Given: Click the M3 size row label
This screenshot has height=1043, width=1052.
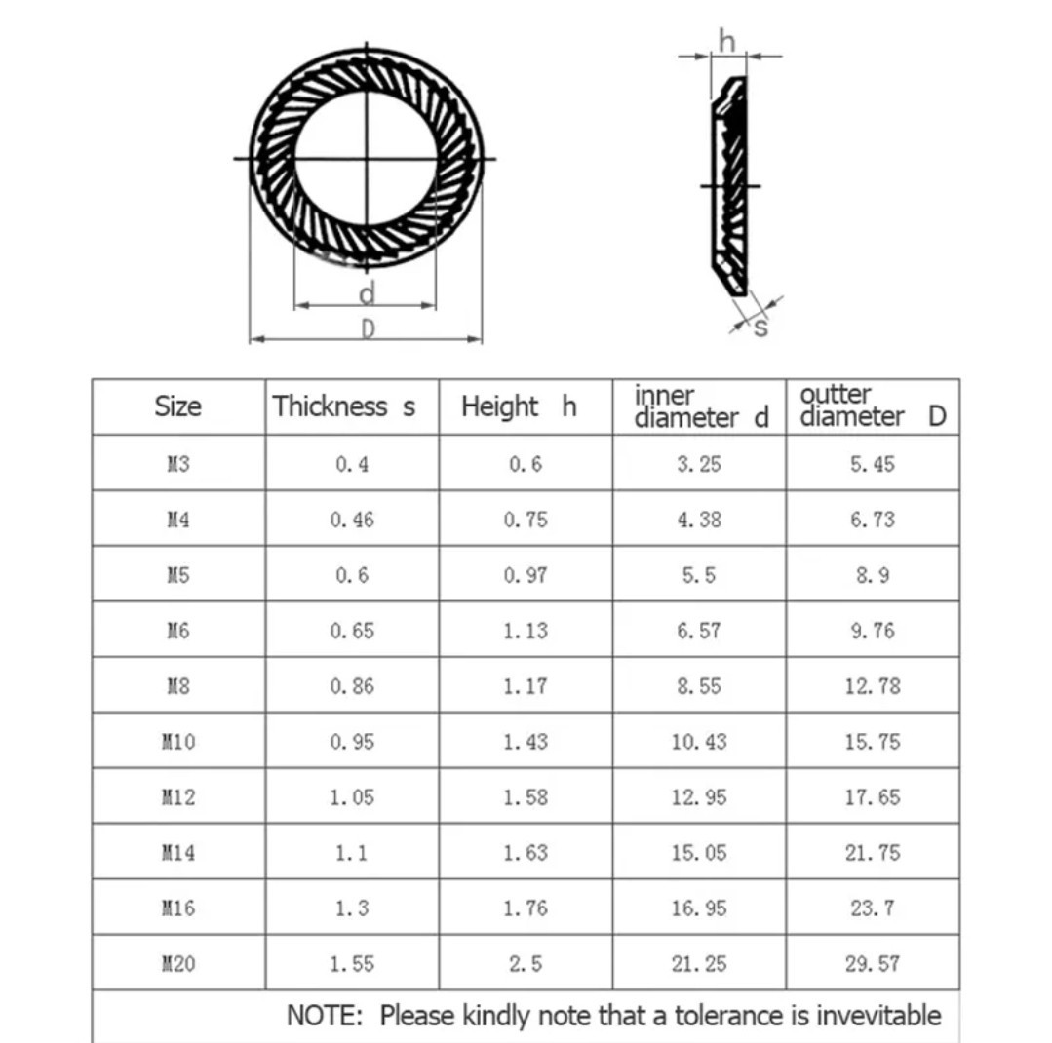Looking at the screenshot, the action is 177,464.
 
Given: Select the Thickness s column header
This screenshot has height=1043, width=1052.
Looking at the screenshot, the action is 343,406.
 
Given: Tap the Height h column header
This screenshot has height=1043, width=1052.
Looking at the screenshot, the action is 519,406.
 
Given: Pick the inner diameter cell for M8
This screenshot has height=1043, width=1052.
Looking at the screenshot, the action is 699,686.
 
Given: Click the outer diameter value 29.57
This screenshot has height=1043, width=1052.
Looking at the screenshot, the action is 872,964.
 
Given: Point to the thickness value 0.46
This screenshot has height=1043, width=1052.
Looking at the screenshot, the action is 352,520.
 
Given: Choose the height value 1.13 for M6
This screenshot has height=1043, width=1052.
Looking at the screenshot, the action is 526,631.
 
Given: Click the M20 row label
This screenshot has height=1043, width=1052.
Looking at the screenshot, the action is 177,964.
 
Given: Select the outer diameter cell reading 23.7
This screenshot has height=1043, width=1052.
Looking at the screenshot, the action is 872,908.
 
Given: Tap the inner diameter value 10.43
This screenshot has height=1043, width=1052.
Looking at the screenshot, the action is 699,742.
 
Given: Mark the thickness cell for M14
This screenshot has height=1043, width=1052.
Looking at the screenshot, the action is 352,853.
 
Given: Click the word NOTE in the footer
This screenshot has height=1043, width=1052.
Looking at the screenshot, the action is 325,1016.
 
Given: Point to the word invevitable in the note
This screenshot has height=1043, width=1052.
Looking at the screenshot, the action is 878,1016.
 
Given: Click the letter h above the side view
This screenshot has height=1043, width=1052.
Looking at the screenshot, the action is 727,40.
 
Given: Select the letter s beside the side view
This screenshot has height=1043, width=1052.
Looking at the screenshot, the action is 761,328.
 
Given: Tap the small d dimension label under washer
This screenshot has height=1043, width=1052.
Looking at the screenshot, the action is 367,292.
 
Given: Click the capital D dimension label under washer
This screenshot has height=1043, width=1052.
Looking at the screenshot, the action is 368,329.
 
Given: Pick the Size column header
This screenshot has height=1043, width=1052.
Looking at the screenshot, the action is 177,406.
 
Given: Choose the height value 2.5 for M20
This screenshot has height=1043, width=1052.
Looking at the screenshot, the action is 526,964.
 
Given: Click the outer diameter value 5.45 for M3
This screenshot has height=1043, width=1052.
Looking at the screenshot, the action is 872,464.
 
